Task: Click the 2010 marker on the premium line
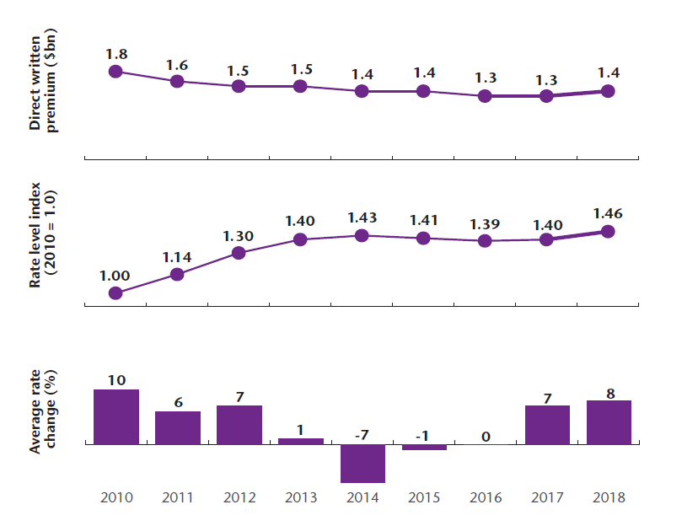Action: (x=115, y=72)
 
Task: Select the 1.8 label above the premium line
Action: (x=116, y=54)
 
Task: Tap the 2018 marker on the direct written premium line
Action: (x=608, y=91)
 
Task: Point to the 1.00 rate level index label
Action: (x=115, y=275)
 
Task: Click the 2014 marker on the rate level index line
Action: (x=362, y=235)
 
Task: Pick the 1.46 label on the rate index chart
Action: (x=608, y=213)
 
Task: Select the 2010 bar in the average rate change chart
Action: (x=115, y=416)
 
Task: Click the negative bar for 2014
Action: (x=362, y=463)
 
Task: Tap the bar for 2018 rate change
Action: (x=608, y=422)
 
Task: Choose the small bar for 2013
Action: (x=301, y=441)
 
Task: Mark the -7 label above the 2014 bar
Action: (x=362, y=434)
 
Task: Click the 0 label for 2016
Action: (x=485, y=437)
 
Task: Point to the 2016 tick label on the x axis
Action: (x=485, y=497)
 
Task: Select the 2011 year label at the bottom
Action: (x=177, y=497)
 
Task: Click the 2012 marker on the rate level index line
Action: (x=239, y=252)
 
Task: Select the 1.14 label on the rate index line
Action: (x=177, y=255)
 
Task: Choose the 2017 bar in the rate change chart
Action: (x=546, y=425)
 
